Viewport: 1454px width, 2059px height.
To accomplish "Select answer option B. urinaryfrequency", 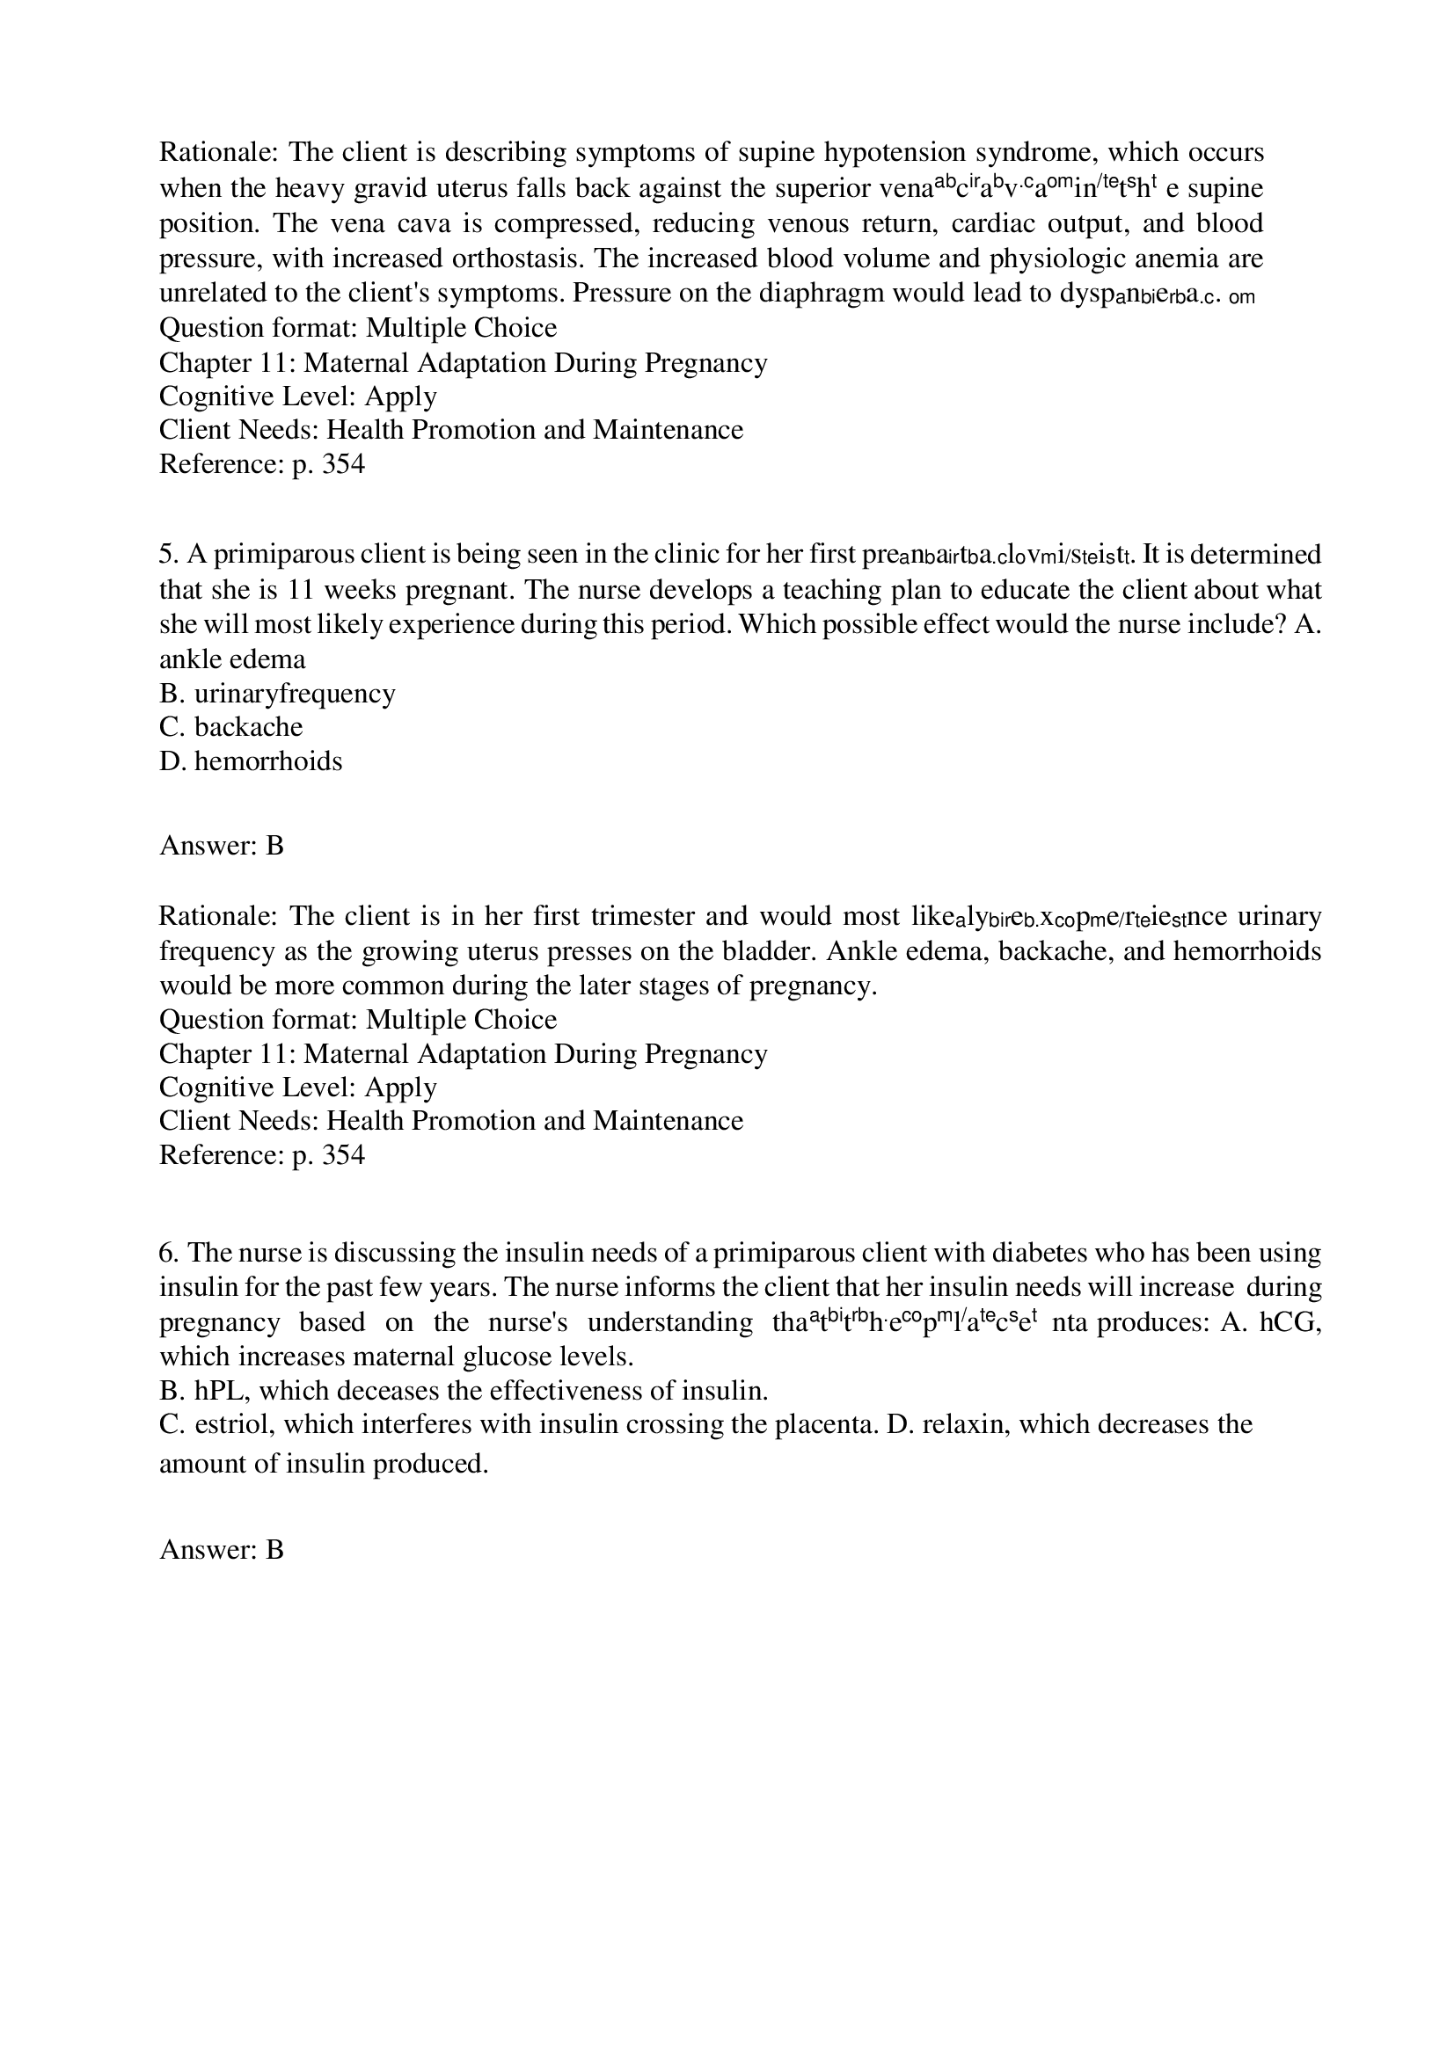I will (x=277, y=693).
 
